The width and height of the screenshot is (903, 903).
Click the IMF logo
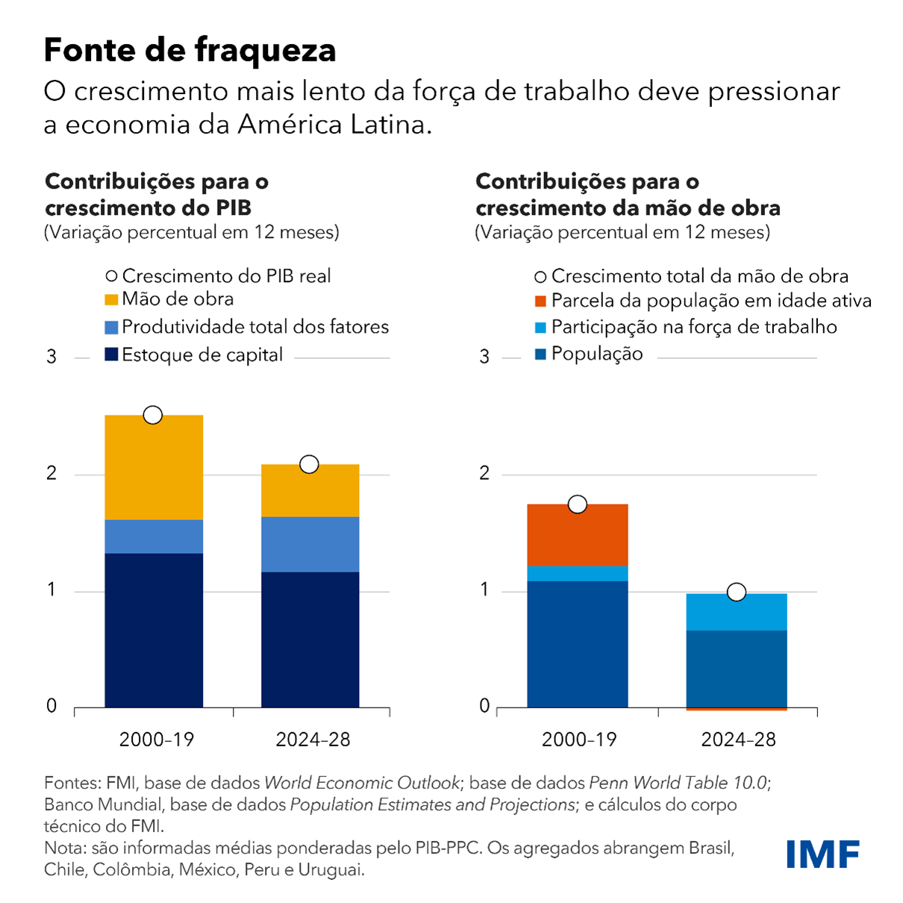click(822, 854)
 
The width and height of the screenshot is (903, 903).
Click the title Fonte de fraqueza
click(190, 50)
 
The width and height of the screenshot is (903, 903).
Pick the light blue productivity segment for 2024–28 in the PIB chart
click(310, 544)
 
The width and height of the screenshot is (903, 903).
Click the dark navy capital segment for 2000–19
click(154, 630)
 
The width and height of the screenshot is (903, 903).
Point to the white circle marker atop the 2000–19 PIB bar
click(153, 415)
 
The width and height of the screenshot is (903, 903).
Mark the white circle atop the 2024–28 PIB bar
click(309, 464)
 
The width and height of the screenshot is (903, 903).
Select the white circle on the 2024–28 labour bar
click(737, 592)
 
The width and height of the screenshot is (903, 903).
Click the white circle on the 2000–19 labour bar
click(577, 504)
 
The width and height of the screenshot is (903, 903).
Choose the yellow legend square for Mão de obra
click(111, 300)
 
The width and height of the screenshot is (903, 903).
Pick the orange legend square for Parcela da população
click(541, 301)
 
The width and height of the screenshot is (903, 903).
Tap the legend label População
click(596, 354)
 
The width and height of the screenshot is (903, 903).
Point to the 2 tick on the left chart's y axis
click(51, 473)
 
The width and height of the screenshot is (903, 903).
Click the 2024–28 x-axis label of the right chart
click(738, 740)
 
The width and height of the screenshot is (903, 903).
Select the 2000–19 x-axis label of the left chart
click(157, 740)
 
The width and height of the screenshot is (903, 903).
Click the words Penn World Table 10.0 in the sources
click(678, 783)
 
